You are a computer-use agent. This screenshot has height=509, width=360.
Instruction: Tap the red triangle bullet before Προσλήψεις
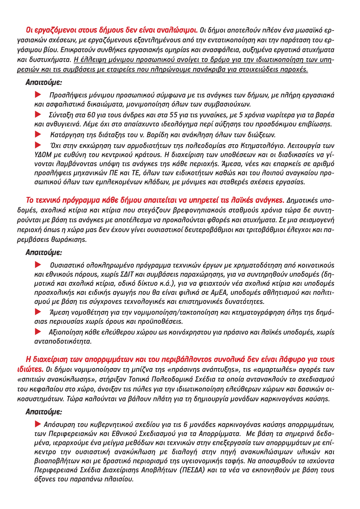(38, 95)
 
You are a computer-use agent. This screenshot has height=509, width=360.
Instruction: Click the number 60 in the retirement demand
(91, 115)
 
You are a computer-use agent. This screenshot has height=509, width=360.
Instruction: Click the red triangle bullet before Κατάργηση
(38, 134)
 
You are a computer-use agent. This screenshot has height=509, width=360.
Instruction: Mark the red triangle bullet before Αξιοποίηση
(38, 332)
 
